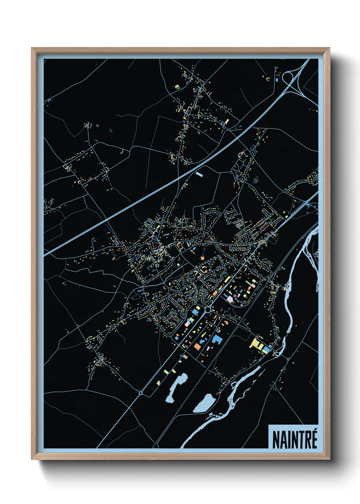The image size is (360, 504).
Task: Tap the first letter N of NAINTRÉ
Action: (276, 440)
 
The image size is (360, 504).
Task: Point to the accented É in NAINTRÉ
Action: (314, 439)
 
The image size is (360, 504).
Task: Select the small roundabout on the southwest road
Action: (141, 393)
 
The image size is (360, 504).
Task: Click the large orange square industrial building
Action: (197, 346)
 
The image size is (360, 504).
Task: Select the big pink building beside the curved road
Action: (230, 299)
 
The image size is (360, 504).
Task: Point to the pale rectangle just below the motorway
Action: (199, 174)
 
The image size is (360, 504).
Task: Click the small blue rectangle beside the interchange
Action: (277, 80)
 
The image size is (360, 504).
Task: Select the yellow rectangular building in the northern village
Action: (227, 121)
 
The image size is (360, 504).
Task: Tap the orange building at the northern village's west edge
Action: (177, 87)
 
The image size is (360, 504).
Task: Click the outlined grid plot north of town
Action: (256, 179)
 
